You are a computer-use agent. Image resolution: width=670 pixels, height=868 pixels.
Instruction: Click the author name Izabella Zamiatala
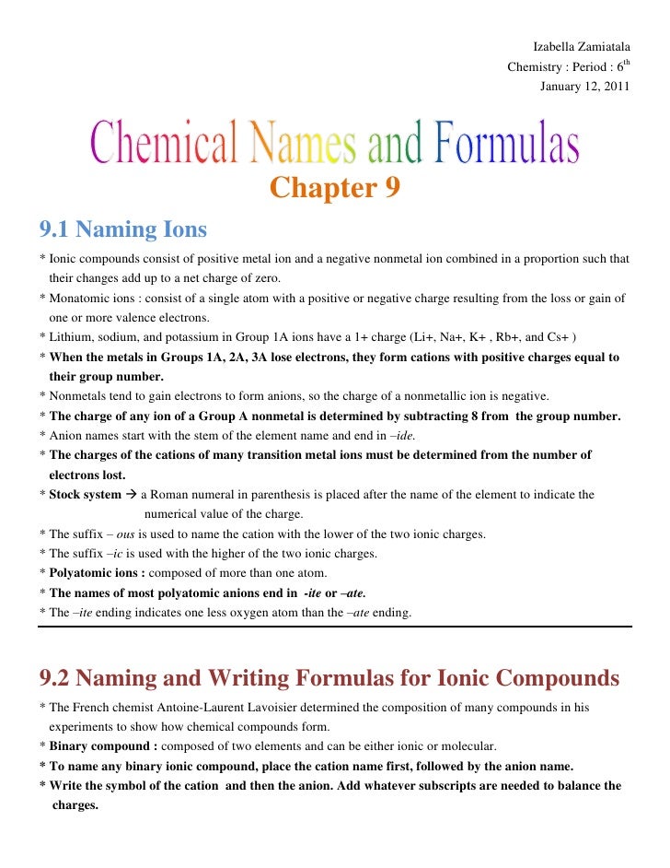pyautogui.click(x=582, y=47)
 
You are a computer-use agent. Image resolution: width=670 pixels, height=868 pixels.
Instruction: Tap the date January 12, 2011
pyautogui.click(x=584, y=88)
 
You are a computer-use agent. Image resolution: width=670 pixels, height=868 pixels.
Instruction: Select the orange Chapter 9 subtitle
pyautogui.click(x=335, y=188)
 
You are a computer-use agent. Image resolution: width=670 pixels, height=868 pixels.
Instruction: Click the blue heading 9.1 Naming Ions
pyautogui.click(x=122, y=229)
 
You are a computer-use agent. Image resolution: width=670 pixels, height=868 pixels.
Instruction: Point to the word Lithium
pyautogui.click(x=70, y=338)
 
